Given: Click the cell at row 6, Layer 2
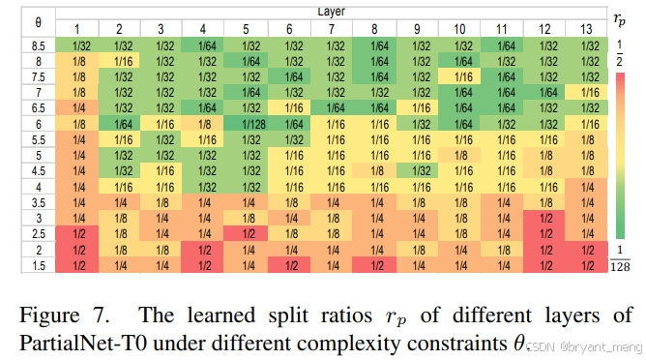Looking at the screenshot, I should point(120,125).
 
